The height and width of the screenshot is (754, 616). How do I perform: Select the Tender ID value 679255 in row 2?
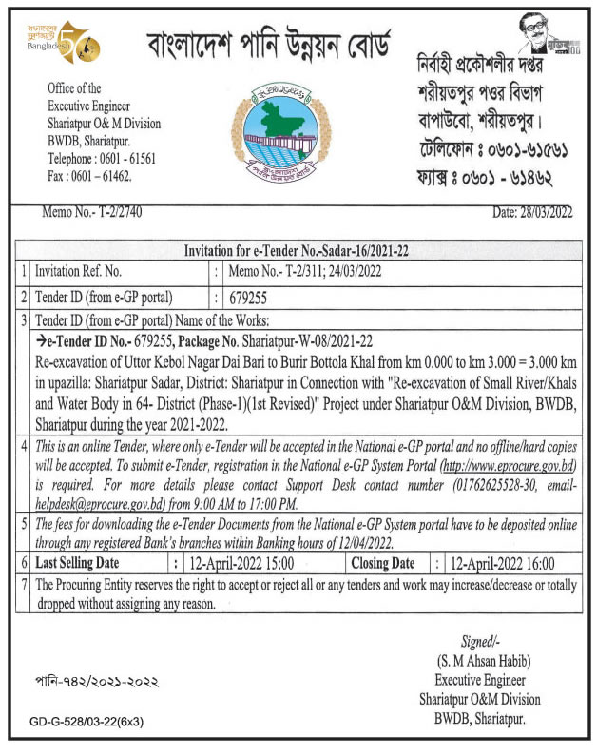pyautogui.click(x=250, y=298)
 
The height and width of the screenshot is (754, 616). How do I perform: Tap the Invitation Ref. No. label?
pyautogui.click(x=79, y=271)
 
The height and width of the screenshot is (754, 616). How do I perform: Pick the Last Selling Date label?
pyautogui.click(x=84, y=564)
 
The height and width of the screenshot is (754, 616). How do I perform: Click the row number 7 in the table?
pyautogui.click(x=24, y=586)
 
